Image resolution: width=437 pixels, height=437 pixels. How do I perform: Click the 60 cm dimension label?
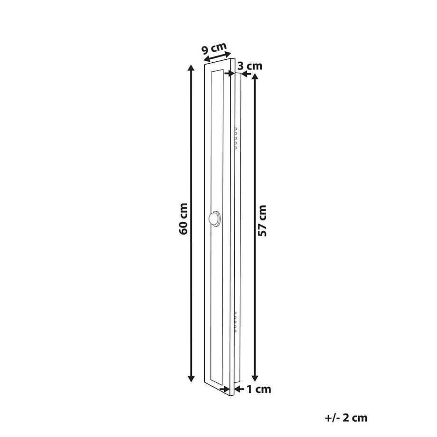click(183, 219)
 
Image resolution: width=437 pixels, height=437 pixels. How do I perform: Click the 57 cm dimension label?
click(262, 220)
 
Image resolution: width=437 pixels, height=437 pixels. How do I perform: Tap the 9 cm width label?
click(214, 48)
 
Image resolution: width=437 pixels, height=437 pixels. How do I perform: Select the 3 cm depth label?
click(250, 66)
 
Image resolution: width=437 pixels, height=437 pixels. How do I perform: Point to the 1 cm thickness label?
click(259, 389)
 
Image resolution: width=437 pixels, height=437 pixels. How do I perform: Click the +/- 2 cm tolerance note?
click(346, 418)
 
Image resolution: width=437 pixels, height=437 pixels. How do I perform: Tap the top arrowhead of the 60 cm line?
click(191, 68)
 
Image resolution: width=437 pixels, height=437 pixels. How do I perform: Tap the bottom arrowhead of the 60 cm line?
click(191, 378)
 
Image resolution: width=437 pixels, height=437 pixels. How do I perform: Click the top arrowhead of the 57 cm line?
click(255, 77)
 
